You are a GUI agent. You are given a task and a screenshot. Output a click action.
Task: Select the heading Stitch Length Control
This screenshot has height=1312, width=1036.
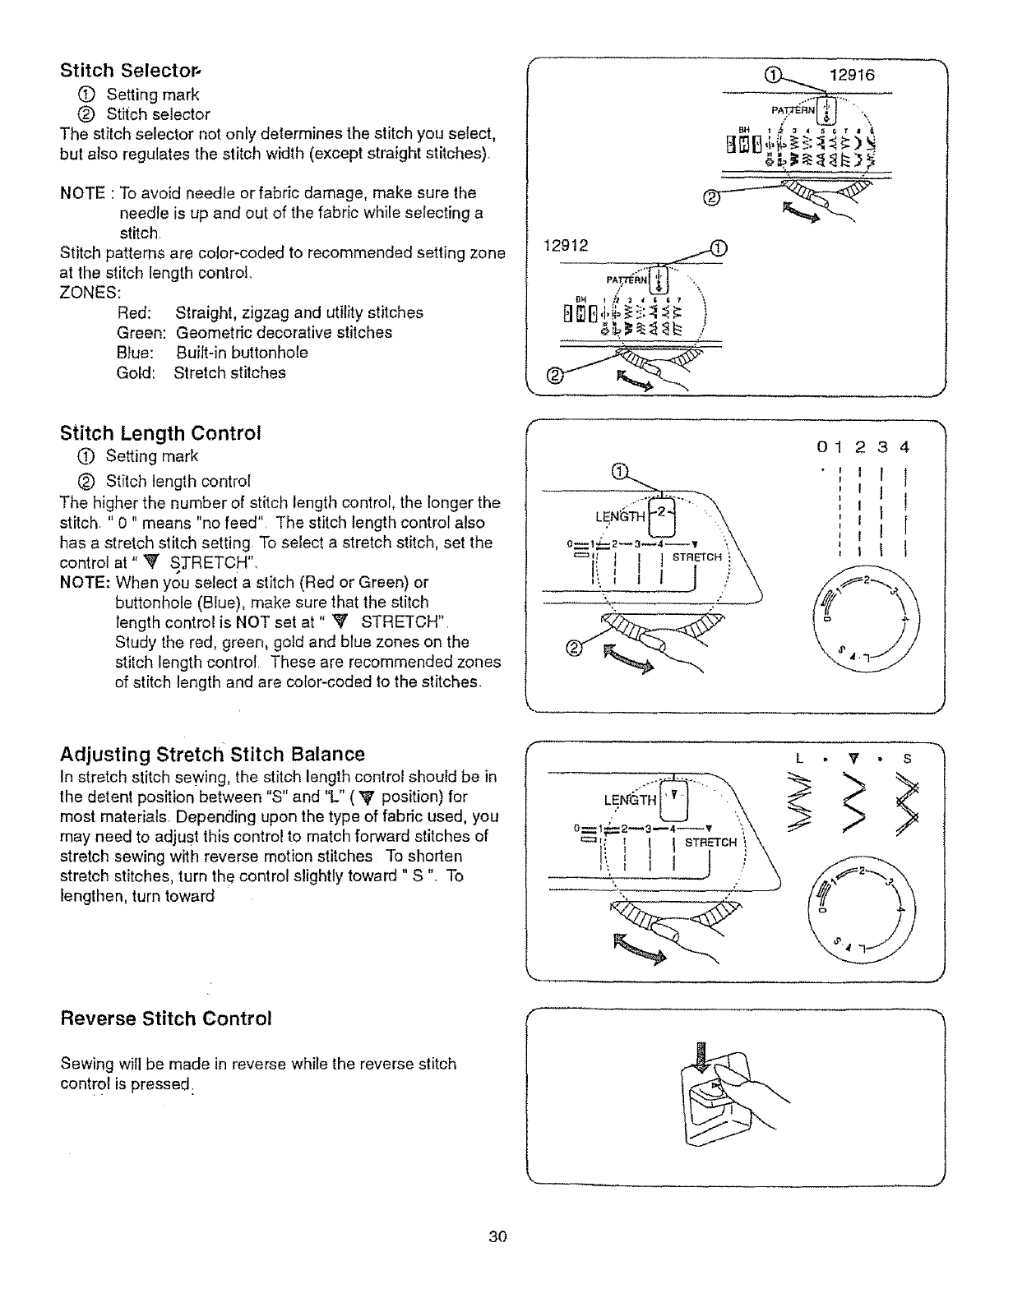coord(160,433)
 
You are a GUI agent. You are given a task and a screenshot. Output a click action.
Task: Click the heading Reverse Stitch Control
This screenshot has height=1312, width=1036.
coord(166,1019)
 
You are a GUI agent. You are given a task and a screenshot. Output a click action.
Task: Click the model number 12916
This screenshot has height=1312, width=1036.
coord(853,75)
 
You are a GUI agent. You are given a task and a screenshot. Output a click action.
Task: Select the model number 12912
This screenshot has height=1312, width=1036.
coord(566,246)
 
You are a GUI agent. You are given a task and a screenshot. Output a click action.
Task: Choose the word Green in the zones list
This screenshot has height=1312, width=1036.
coord(142,333)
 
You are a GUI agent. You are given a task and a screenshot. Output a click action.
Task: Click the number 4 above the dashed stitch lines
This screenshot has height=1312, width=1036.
coord(904,448)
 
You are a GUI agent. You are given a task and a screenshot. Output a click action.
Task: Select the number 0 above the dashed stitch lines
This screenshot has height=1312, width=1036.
coord(821,448)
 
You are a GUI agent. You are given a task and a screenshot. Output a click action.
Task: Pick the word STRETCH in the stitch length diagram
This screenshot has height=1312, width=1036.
coord(697,557)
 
